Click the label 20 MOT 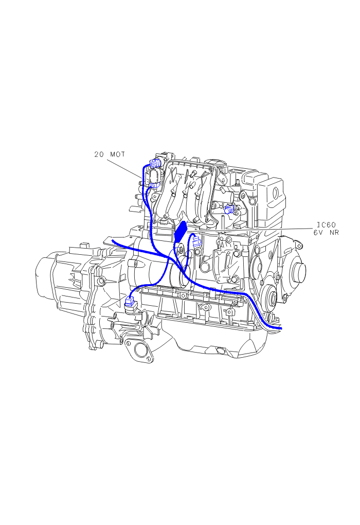pyautogui.click(x=110, y=154)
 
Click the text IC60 pyautogui.click(x=326, y=225)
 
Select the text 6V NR pyautogui.click(x=326, y=232)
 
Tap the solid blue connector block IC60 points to pyautogui.click(x=181, y=231)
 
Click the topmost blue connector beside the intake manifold pyautogui.click(x=156, y=163)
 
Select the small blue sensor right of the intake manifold pyautogui.click(x=229, y=208)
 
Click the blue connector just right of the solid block pyautogui.click(x=196, y=241)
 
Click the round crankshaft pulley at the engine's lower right pyautogui.click(x=269, y=296)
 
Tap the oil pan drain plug pyautogui.click(x=221, y=350)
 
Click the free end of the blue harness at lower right pyautogui.click(x=281, y=328)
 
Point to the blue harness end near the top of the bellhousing pyautogui.click(x=113, y=240)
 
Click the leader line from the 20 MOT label pyautogui.click(x=124, y=169)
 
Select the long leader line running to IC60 pyautogui.click(x=250, y=231)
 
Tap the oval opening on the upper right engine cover pyautogui.click(x=275, y=193)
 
